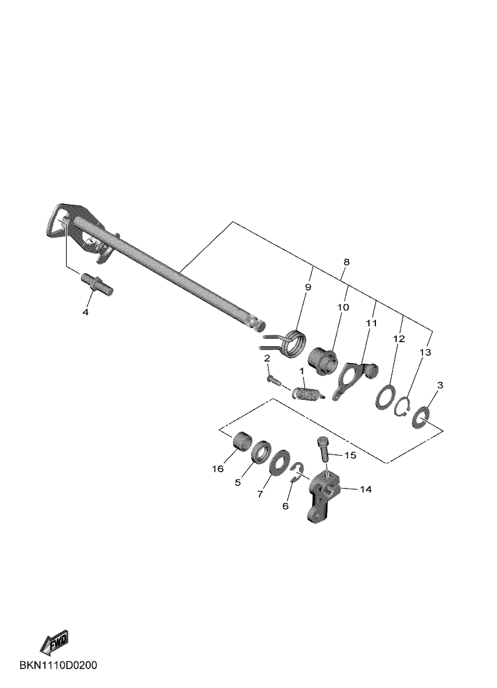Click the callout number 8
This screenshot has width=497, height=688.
click(346, 262)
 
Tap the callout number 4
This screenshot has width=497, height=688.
click(85, 312)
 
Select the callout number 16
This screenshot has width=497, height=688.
click(218, 469)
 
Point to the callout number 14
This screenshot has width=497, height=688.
click(366, 489)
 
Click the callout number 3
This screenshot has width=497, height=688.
click(440, 385)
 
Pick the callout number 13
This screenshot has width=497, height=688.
click(425, 352)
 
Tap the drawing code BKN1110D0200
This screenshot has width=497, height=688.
click(58, 665)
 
